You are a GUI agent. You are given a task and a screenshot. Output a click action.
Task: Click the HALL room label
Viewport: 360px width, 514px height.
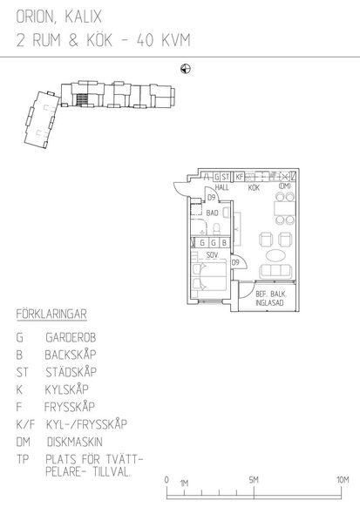pyautogui.click(x=222, y=187)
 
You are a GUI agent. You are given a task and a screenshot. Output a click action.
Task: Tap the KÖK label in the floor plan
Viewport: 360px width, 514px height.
pyautogui.click(x=254, y=187)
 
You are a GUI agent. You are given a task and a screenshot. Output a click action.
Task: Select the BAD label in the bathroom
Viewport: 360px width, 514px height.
pyautogui.click(x=212, y=213)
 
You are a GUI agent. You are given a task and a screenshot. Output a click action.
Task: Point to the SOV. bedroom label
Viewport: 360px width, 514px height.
pyautogui.click(x=213, y=254)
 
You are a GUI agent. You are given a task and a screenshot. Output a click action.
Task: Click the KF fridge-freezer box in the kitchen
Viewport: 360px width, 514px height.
pyautogui.click(x=240, y=177)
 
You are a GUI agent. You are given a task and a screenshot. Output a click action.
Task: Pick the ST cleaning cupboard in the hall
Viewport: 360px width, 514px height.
pyautogui.click(x=225, y=177)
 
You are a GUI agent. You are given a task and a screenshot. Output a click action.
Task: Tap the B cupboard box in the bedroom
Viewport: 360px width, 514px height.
pyautogui.click(x=224, y=243)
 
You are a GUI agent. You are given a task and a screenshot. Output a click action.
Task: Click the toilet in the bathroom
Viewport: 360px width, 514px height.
pyautogui.click(x=216, y=228)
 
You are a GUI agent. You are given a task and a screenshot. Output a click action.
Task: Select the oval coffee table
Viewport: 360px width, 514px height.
pyautogui.click(x=275, y=255)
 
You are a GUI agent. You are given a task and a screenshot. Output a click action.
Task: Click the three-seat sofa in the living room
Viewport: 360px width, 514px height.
pyautogui.click(x=275, y=271)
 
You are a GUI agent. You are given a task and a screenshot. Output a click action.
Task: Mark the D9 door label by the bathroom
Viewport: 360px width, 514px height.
pyautogui.click(x=212, y=198)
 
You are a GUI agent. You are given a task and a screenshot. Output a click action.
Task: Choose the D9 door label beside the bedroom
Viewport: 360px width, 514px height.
pyautogui.click(x=235, y=262)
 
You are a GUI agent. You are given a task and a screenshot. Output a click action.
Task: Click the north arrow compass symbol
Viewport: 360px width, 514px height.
pyautogui.click(x=186, y=69)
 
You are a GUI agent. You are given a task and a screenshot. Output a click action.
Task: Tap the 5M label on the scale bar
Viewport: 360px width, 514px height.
pyautogui.click(x=254, y=480)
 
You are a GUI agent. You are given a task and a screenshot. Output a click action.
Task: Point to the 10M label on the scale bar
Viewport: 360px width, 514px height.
pyautogui.click(x=343, y=480)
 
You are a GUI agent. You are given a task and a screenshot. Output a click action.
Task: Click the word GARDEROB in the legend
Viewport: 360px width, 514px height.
pyautogui.click(x=71, y=337)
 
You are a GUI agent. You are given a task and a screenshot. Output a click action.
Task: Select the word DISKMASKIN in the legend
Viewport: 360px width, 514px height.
pyautogui.click(x=75, y=442)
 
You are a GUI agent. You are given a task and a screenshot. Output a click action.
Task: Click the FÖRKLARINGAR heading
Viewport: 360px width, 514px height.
pyautogui.click(x=51, y=314)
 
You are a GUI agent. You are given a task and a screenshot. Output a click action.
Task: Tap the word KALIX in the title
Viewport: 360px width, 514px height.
pyautogui.click(x=83, y=17)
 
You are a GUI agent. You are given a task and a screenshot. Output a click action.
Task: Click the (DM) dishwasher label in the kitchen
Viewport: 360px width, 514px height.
pyautogui.click(x=284, y=186)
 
